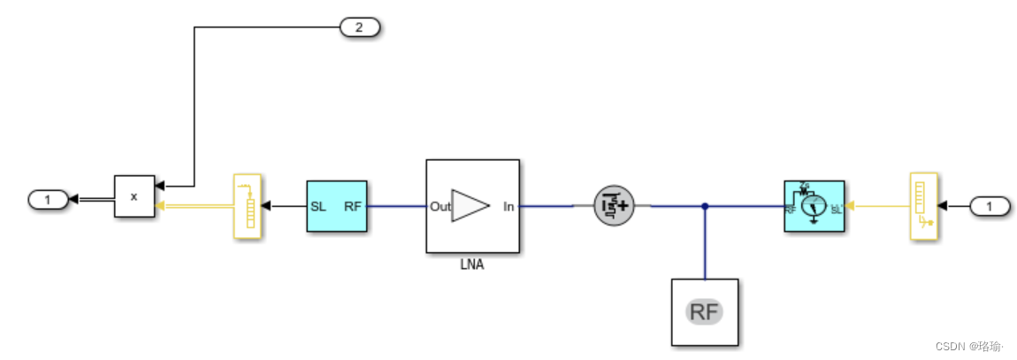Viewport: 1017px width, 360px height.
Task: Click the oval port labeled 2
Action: click(359, 27)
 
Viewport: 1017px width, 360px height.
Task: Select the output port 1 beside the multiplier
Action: click(48, 200)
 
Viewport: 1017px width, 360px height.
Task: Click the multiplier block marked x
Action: click(134, 196)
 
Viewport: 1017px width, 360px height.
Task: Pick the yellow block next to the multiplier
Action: click(247, 206)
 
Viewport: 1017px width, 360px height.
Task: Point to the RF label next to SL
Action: click(352, 207)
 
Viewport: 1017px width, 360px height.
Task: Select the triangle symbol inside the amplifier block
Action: click(470, 206)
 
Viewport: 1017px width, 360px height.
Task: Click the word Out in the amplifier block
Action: click(440, 207)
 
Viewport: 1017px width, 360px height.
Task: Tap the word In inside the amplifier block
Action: click(508, 207)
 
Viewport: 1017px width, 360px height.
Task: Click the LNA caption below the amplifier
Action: click(472, 263)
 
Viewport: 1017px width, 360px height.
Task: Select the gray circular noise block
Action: click(611, 206)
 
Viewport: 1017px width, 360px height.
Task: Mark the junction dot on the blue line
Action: click(705, 207)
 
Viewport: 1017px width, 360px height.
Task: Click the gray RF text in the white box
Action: click(705, 311)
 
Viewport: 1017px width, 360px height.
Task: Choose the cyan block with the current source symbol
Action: click(814, 206)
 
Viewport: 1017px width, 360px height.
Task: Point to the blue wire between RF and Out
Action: click(396, 207)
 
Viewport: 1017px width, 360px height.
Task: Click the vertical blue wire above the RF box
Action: click(705, 243)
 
